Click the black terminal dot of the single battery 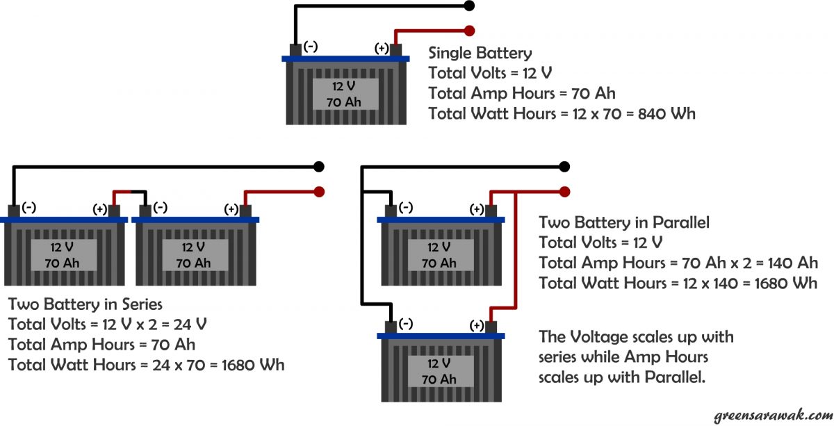coord(469,6)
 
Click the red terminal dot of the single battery coord(469,31)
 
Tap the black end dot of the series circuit coord(319,167)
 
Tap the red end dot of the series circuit coord(319,191)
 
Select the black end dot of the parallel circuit coord(565,167)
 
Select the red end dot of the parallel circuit coord(565,191)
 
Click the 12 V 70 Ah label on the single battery coord(344,93)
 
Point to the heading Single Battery coord(480,53)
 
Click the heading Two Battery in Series coord(85,304)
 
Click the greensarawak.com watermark coord(771,416)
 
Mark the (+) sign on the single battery coord(382,48)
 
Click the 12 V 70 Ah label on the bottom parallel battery coord(439,370)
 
